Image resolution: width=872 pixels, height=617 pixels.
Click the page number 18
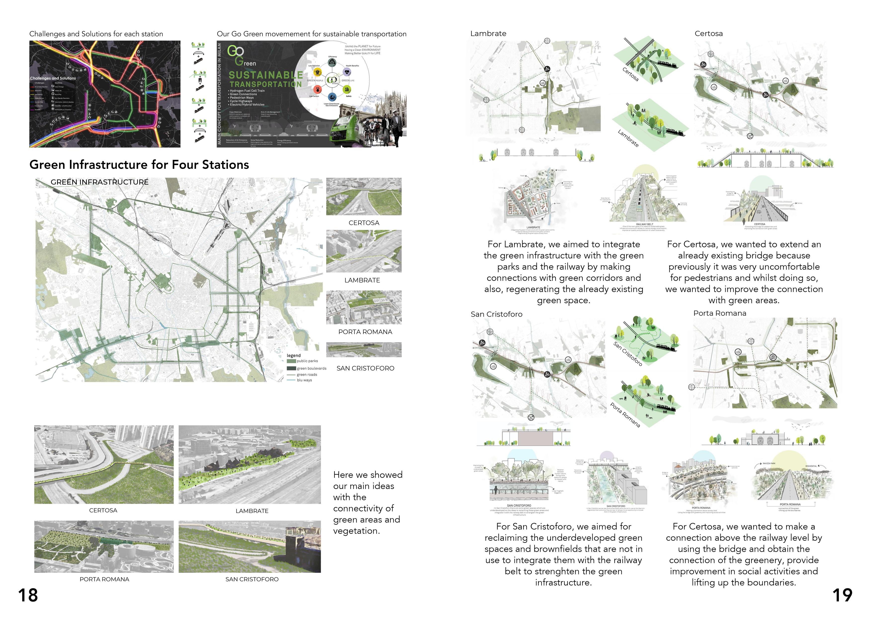click(28, 595)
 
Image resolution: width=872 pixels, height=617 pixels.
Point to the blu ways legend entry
click(304, 380)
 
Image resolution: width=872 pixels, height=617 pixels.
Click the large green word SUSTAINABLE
click(266, 75)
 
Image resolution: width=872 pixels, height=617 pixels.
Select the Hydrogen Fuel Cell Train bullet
click(247, 91)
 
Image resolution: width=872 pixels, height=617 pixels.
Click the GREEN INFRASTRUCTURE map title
click(99, 182)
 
